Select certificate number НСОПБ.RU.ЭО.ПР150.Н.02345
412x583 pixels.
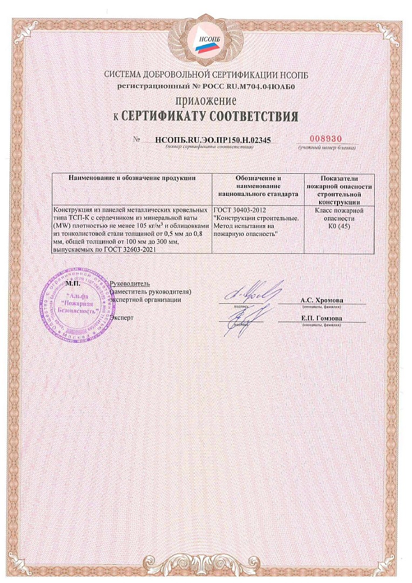click(x=212, y=139)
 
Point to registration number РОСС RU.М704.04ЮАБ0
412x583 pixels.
click(x=246, y=86)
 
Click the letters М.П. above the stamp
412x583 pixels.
click(x=72, y=283)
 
